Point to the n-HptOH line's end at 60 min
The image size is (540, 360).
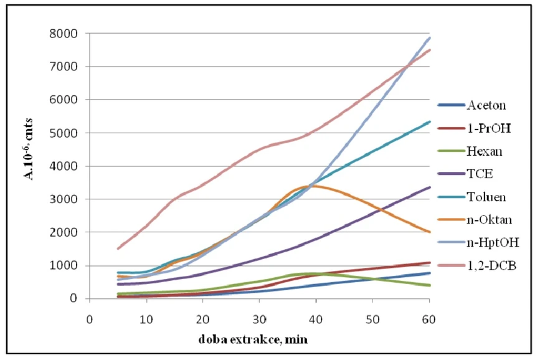click(429, 38)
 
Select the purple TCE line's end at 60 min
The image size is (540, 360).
click(429, 187)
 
